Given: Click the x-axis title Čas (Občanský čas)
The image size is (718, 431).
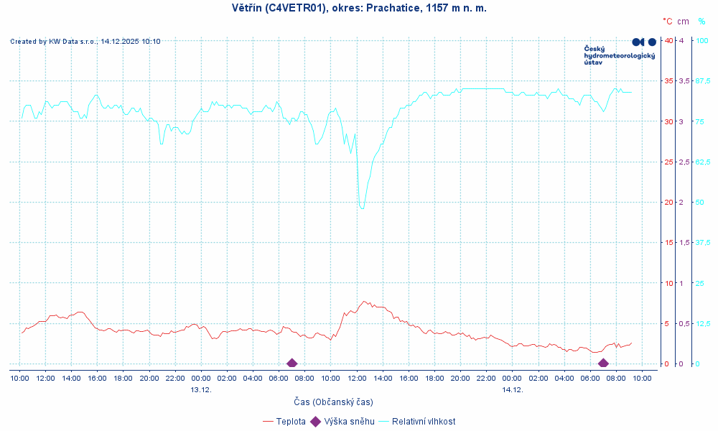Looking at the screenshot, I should (333, 402).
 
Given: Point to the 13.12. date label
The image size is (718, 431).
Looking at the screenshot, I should (201, 390).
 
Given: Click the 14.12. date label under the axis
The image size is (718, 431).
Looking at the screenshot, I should (512, 390).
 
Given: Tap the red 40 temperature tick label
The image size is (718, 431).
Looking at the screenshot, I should (668, 41).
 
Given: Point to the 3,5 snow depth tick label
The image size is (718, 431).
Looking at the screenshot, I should (684, 81).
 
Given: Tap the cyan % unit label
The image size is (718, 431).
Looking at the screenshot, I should (701, 22).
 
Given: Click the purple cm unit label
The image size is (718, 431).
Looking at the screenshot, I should (683, 22).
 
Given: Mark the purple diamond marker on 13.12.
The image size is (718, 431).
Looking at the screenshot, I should (292, 363).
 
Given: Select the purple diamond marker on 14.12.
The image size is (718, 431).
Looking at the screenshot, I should (603, 363).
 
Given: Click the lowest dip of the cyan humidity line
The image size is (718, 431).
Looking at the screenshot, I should (363, 208).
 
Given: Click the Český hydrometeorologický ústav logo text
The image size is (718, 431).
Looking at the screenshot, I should (619, 55).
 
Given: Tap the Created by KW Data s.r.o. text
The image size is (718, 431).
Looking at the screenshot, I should (85, 42).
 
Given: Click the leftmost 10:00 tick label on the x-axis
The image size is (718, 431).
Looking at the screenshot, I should (20, 378).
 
